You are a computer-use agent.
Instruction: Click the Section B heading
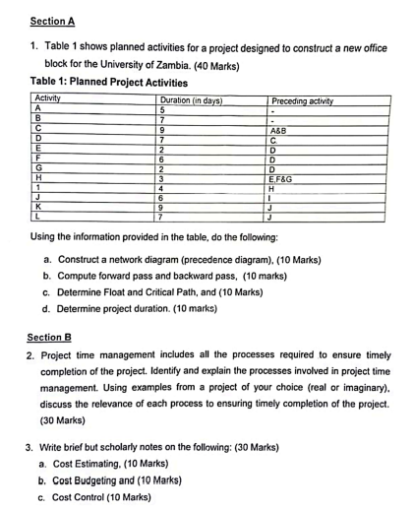(x=51, y=336)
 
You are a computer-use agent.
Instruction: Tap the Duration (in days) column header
(x=190, y=100)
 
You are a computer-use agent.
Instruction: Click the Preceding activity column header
(x=303, y=100)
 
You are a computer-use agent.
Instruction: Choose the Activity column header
(x=48, y=99)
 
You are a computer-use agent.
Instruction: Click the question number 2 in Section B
(x=30, y=354)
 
